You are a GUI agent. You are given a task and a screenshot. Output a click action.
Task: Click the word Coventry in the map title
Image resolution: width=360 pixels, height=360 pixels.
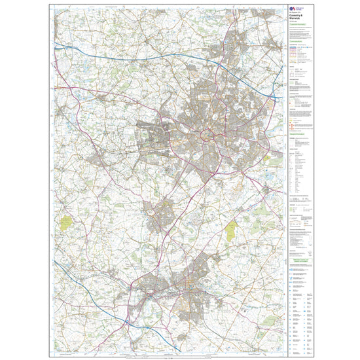click(294, 19)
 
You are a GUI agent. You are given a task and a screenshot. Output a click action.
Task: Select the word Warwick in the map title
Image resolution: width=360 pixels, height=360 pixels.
click(294, 23)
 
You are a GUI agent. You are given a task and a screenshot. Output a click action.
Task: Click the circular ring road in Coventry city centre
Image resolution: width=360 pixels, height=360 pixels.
click(209, 135)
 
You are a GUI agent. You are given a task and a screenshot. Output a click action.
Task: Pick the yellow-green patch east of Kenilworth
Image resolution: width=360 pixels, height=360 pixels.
click(231, 229)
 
